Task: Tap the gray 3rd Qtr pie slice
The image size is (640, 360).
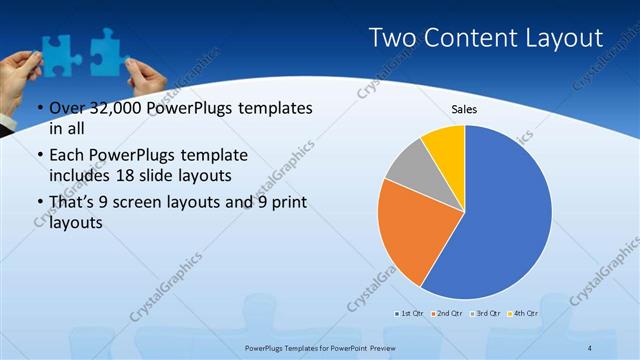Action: pos(408,166)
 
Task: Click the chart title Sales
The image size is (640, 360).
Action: pos(465,108)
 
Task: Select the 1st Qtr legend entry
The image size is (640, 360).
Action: pos(410,314)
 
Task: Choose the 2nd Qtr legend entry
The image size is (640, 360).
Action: pos(446,314)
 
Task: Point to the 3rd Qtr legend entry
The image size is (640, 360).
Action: pos(485,314)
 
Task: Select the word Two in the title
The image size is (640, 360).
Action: pos(393,38)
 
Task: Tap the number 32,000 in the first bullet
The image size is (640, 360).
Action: pos(107,109)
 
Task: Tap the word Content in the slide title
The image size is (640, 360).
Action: pos(470,38)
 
